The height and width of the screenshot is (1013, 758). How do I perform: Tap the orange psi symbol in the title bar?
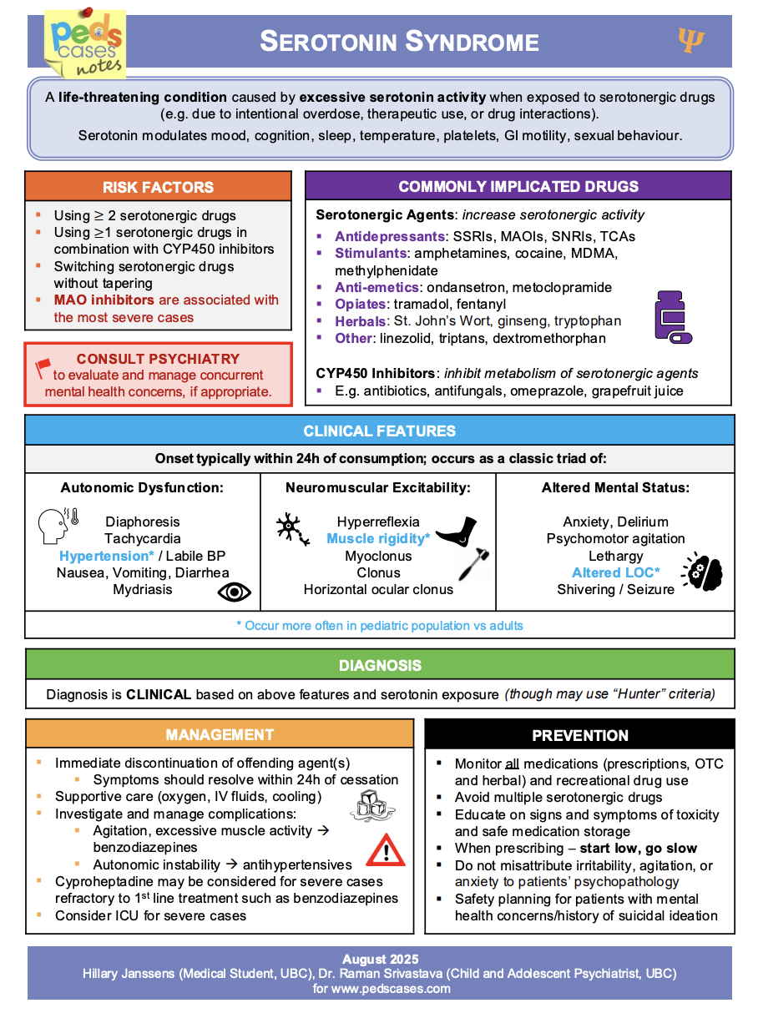(x=691, y=39)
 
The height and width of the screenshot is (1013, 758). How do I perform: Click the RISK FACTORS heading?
(x=158, y=187)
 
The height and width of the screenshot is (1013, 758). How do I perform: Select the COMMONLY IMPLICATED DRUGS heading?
(x=518, y=186)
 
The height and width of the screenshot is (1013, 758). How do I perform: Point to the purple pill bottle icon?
(x=672, y=316)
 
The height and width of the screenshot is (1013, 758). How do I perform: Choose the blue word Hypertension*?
(x=107, y=556)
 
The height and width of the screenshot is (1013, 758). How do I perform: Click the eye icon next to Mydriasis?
(x=234, y=592)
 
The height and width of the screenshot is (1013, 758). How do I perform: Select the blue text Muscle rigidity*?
(x=378, y=539)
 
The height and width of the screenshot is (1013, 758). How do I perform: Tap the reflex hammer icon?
(x=473, y=566)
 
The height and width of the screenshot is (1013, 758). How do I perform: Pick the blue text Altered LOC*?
(x=615, y=572)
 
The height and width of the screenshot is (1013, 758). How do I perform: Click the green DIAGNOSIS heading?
(x=380, y=665)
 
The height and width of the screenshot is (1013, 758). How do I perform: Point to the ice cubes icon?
(x=370, y=804)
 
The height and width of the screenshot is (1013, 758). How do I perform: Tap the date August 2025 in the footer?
(x=380, y=959)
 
